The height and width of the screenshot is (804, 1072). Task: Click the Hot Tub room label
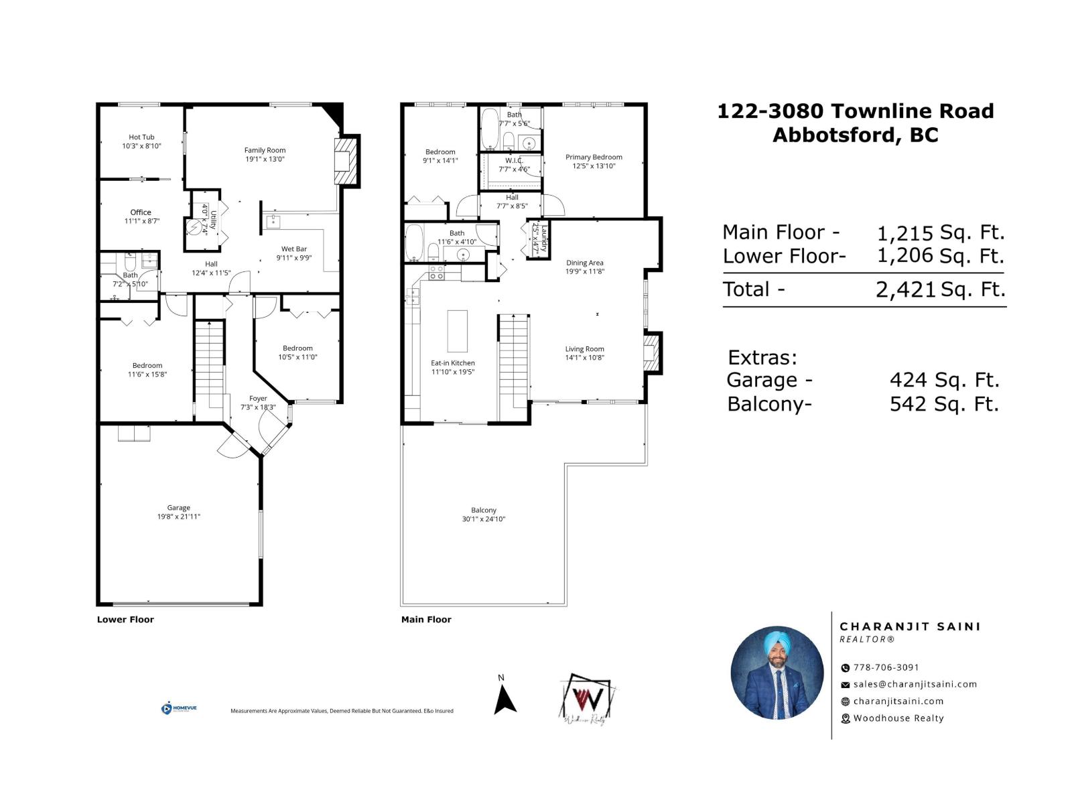pyautogui.click(x=141, y=137)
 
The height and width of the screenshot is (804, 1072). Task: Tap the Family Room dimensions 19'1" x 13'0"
pyautogui.click(x=265, y=159)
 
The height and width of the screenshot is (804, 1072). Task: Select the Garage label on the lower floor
pyautogui.click(x=179, y=508)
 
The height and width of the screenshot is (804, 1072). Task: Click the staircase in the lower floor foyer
pyautogui.click(x=210, y=365)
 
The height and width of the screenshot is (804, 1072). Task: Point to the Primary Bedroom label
pyautogui.click(x=594, y=157)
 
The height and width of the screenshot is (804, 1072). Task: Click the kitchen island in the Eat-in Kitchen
pyautogui.click(x=458, y=330)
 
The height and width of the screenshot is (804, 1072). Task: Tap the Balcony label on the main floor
pyautogui.click(x=484, y=511)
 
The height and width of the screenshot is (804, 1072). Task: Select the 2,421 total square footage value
pyautogui.click(x=905, y=289)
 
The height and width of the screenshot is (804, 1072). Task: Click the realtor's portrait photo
pyautogui.click(x=777, y=673)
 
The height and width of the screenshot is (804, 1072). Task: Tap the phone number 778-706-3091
pyautogui.click(x=886, y=667)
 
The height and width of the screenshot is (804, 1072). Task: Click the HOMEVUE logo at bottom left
pyautogui.click(x=179, y=708)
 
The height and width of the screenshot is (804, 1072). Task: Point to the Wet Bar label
pyautogui.click(x=294, y=249)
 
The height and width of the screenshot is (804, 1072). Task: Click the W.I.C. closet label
pyautogui.click(x=514, y=161)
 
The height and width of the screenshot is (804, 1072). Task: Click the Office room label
pyautogui.click(x=141, y=212)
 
